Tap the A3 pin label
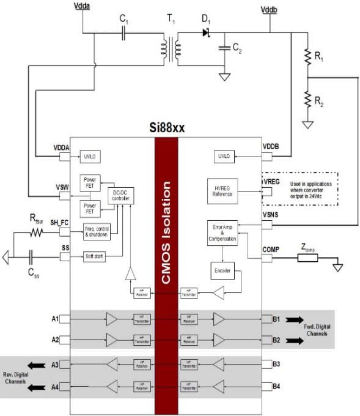click(x=55, y=365)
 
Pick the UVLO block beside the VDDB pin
click(x=222, y=157)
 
